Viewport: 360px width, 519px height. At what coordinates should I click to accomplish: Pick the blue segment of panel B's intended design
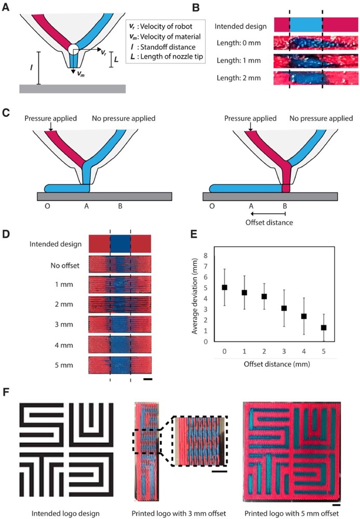point(305,24)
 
